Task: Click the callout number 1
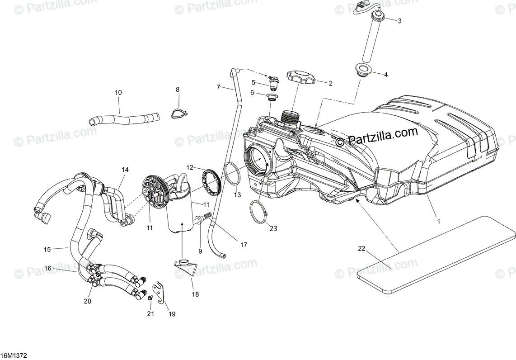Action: coord(437,222)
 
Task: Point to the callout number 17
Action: coord(244,245)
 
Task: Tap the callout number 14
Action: coord(125,170)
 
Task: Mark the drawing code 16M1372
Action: coord(14,356)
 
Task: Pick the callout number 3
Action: coord(399,21)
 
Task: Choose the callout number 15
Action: coord(47,249)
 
